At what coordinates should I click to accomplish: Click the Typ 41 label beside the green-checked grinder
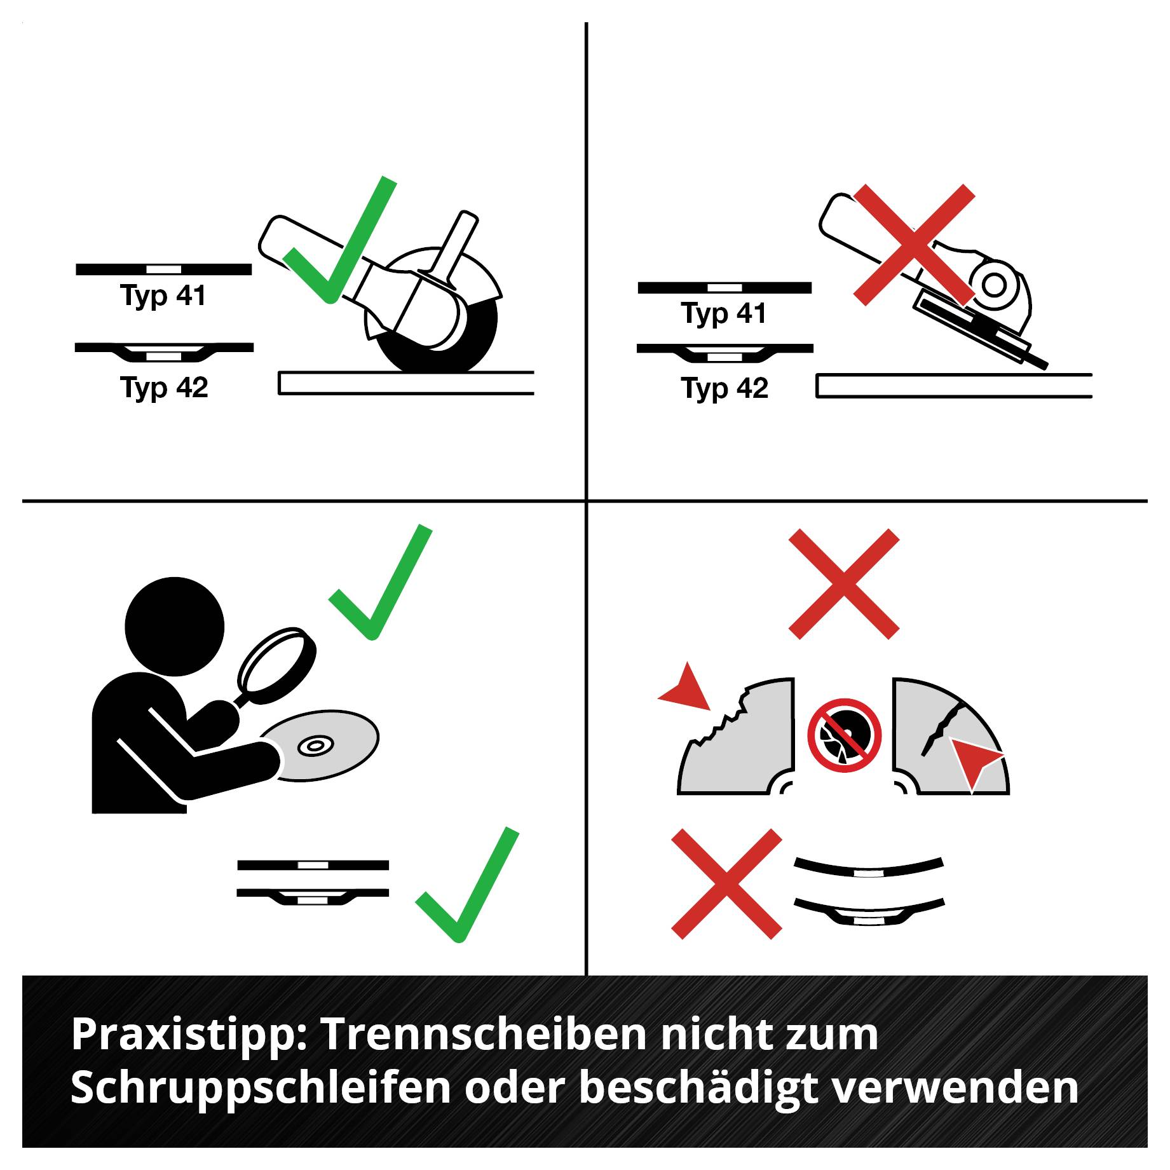(163, 296)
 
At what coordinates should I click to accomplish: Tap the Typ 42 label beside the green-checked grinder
(164, 388)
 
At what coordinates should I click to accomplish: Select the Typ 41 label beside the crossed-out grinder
(724, 313)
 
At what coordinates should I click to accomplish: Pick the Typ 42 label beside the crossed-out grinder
(724, 388)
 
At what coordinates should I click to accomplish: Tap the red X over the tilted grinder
(914, 244)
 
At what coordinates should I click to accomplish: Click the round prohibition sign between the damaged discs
(845, 735)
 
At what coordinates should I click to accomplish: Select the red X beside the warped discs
(726, 883)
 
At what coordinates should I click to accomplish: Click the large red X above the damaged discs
(844, 584)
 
